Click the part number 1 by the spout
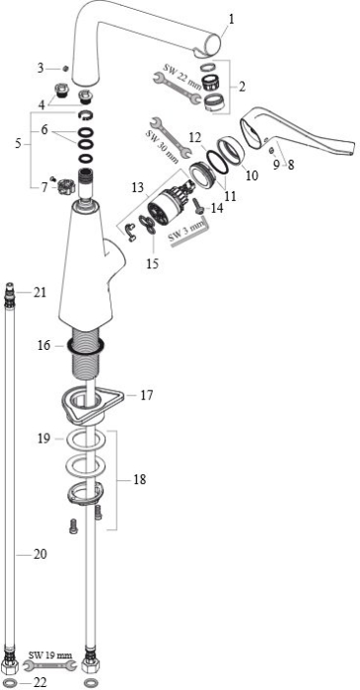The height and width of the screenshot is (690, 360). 232,20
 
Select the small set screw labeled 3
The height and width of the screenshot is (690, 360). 66,68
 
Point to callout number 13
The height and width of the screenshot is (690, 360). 138,188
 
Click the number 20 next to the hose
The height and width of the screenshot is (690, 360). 40,554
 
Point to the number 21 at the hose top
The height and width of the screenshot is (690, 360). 40,292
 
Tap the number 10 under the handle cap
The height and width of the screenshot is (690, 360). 252,176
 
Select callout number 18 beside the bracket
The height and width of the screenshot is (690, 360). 139,479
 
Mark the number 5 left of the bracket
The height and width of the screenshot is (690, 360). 18,144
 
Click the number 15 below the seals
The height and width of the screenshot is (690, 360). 153,264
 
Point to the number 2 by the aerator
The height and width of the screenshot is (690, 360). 242,87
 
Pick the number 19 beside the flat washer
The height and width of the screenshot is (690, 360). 44,439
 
